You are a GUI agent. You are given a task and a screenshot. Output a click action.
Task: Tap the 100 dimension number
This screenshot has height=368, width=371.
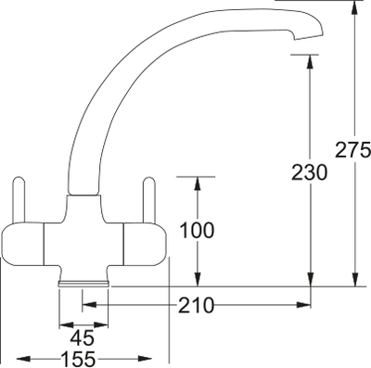click(x=197, y=229)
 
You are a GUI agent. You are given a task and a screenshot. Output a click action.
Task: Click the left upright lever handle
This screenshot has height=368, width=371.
click(x=18, y=198)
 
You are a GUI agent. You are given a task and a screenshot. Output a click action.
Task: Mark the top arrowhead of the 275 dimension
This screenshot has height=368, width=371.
click(x=354, y=7)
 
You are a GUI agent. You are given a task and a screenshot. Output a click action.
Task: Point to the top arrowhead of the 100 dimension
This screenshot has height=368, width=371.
click(x=197, y=181)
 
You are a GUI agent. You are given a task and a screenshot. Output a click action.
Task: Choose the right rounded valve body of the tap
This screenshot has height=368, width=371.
click(x=139, y=245)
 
